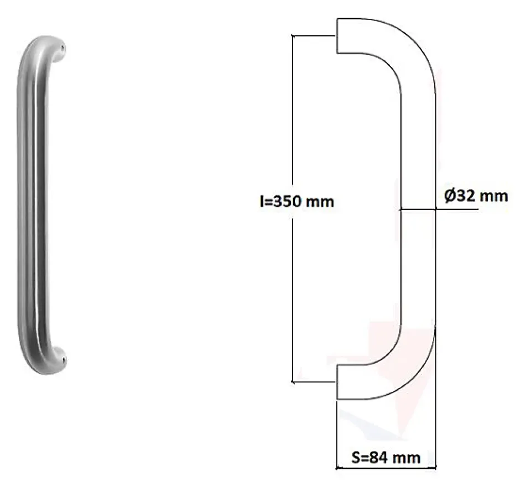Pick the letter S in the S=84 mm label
click(x=357, y=458)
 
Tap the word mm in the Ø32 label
click(x=493, y=196)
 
